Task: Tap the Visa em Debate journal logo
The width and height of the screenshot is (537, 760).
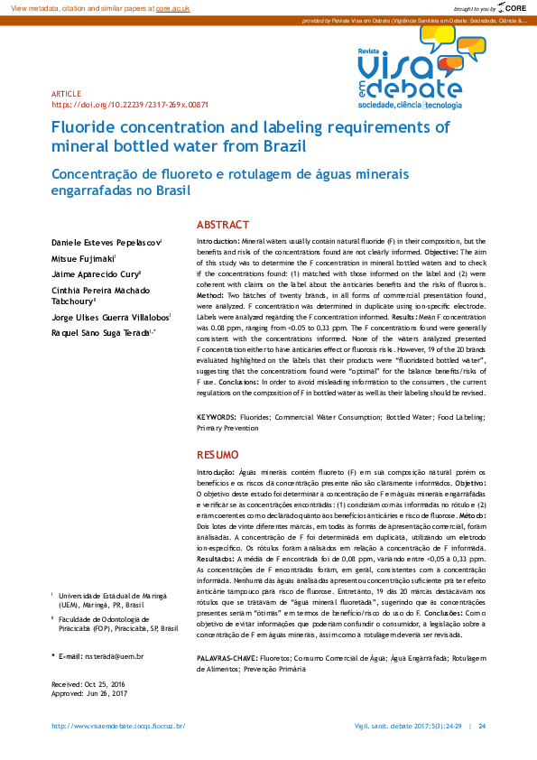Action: point(412,68)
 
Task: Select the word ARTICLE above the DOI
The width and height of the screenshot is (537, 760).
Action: point(66,94)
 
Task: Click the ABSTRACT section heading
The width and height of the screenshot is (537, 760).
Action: point(223,224)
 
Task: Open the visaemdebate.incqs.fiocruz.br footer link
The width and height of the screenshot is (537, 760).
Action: point(118,727)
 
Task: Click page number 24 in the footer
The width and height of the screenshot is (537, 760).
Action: point(482,727)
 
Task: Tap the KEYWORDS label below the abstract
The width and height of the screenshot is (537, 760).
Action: point(217,418)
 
